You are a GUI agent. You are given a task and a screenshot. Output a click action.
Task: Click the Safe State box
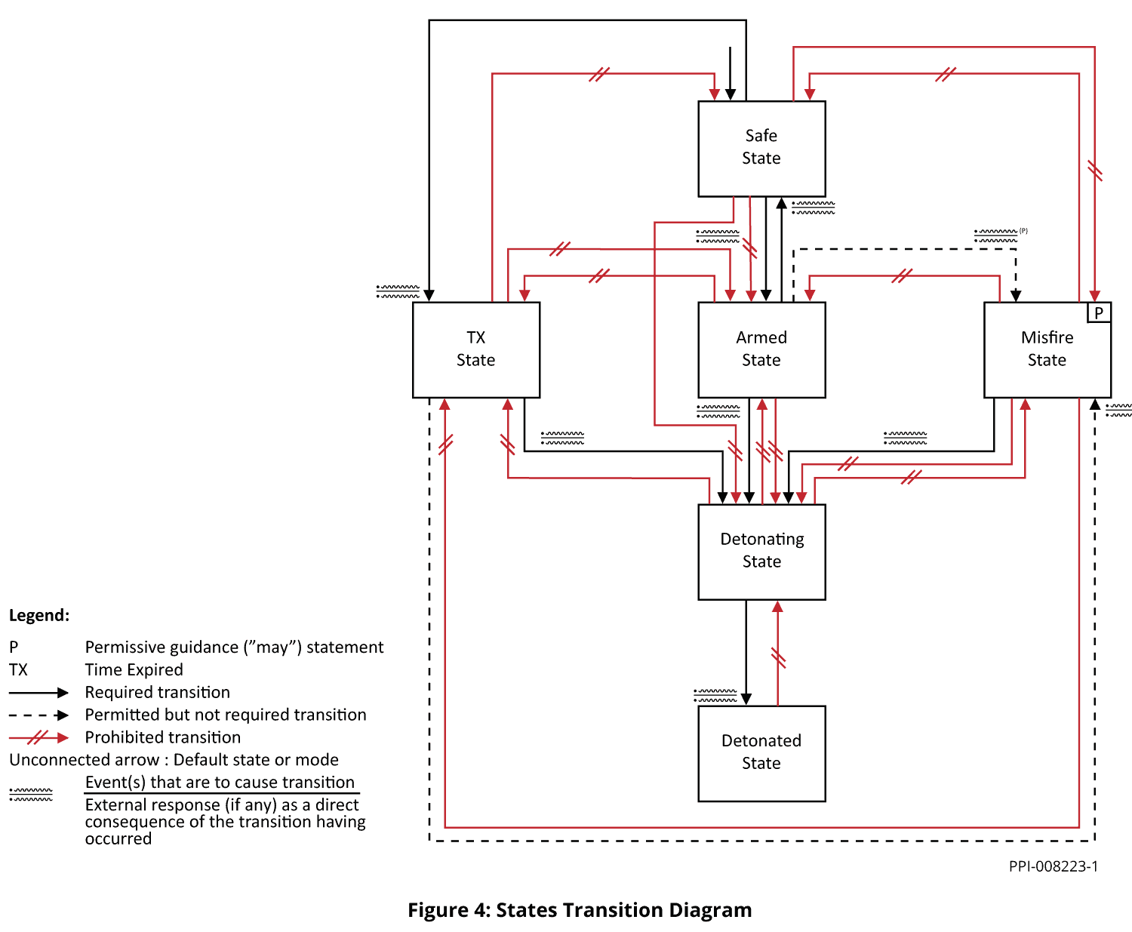coord(761,148)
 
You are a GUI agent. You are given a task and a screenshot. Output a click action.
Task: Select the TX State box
coord(475,349)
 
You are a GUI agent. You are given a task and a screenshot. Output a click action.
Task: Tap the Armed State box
coord(761,349)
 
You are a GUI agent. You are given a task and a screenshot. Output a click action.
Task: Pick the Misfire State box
coord(1047,349)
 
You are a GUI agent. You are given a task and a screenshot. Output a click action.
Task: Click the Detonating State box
coord(761,551)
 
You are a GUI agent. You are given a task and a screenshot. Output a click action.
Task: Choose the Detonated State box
coord(761,752)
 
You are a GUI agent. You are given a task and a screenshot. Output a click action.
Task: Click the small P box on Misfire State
coord(1099,312)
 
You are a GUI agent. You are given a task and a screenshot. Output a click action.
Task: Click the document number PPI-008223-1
coord(1053,866)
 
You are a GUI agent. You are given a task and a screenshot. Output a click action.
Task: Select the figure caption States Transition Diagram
coord(580,910)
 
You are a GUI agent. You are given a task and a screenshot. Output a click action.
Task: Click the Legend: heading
coord(39,615)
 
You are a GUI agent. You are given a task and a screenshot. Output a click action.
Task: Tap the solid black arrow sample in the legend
coord(38,693)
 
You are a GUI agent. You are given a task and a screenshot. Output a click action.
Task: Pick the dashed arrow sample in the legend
coord(38,715)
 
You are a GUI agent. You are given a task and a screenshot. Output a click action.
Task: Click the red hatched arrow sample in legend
coord(38,737)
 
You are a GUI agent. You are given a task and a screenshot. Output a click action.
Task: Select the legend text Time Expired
coord(134,670)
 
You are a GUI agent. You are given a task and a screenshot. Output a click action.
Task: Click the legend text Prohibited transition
coord(162,737)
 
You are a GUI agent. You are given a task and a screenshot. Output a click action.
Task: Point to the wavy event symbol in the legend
coord(31,794)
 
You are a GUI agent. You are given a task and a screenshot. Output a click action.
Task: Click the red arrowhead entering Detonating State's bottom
coord(777,607)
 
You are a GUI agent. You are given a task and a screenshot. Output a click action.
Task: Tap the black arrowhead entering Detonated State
coord(746,699)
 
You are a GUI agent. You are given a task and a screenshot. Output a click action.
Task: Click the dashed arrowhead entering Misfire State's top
coord(1016,296)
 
